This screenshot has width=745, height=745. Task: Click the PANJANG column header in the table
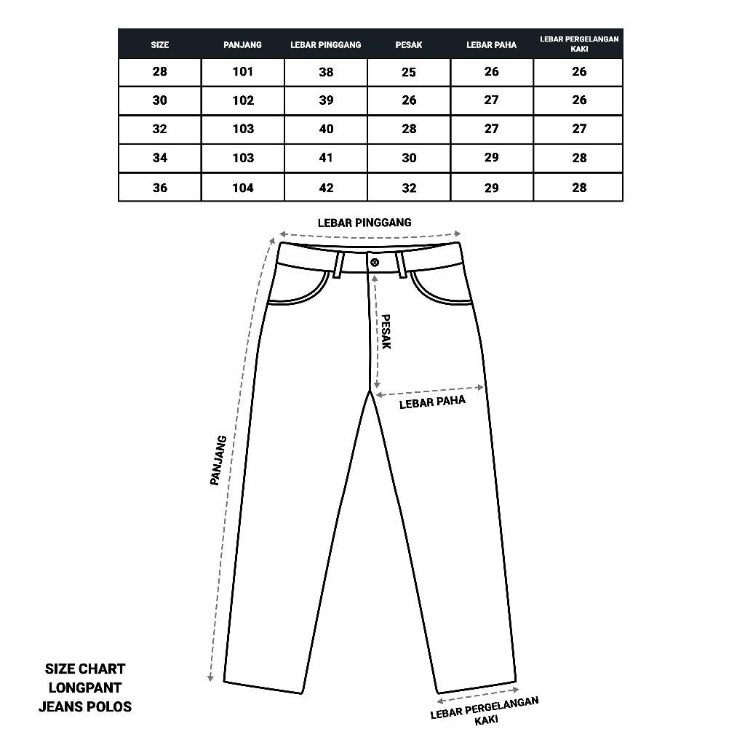243,45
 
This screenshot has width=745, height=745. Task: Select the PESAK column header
409,45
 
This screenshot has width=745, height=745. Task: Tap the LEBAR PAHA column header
492,45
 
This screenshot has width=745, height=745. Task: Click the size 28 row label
159,71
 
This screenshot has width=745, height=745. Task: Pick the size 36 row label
159,188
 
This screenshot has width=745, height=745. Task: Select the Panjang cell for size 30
243,100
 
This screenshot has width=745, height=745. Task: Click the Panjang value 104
243,188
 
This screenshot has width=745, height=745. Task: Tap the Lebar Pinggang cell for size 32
326,130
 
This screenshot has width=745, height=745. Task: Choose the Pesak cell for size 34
409,158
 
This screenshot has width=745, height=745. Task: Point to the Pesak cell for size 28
409,71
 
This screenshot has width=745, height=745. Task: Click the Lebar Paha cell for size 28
492,71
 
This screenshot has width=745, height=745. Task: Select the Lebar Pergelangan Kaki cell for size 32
579,130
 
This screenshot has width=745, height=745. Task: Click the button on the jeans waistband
375,262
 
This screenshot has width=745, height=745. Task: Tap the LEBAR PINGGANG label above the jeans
364,223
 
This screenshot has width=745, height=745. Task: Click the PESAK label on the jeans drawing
386,332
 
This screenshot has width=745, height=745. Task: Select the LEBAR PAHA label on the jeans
432,402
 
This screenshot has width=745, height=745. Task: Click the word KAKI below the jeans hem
486,720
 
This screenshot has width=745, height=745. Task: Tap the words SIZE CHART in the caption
85,669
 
